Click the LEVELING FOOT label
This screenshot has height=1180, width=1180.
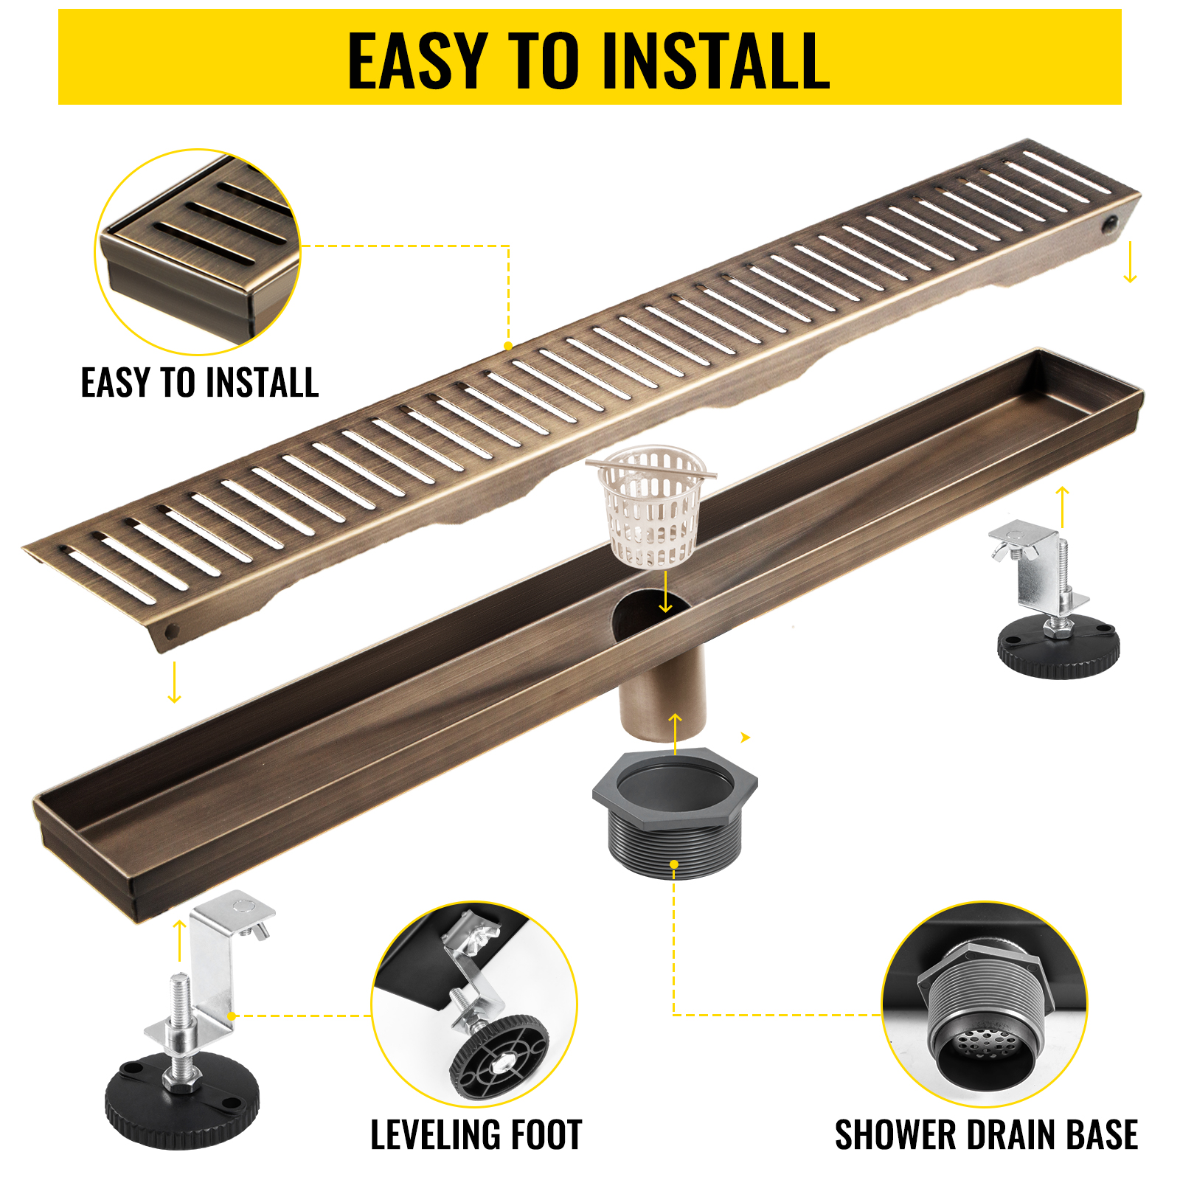tap(476, 1135)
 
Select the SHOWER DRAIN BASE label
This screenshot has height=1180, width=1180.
tap(986, 1135)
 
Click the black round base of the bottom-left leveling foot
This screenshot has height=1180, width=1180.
tap(181, 1106)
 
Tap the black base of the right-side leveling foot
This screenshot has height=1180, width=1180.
tap(1058, 649)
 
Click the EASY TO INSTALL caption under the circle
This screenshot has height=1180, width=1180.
tap(199, 383)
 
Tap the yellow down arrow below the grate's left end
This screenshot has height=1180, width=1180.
tap(174, 682)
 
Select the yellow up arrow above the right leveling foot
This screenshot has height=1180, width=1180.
tap(1062, 506)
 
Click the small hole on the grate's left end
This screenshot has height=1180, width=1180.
tap(172, 631)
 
